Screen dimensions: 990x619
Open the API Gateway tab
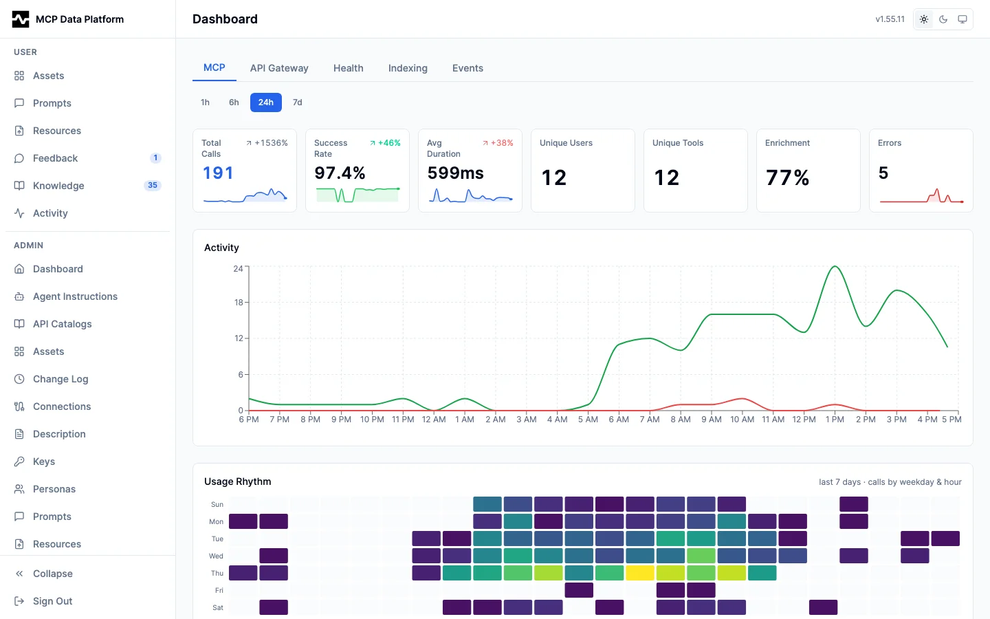279,68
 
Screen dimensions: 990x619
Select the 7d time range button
298,102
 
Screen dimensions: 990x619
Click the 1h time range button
205,102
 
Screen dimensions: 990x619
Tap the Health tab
349,68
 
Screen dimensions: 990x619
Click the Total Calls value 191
218,173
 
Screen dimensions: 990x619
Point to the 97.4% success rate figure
340,173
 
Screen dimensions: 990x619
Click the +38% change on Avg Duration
498,143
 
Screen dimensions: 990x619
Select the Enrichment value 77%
788,177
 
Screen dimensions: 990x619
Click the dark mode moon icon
943,19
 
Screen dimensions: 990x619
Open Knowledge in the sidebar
58,186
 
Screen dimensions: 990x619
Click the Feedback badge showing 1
155,158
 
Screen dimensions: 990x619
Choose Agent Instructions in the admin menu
75,296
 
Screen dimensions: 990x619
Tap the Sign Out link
52,601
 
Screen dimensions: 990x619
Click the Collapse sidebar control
52,574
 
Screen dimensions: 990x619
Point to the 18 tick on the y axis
239,303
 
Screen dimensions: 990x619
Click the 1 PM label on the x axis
835,419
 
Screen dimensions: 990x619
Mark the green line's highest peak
835,266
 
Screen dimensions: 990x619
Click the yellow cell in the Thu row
640,573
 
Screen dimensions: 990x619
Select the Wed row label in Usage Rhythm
216,556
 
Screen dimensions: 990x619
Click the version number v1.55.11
890,19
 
